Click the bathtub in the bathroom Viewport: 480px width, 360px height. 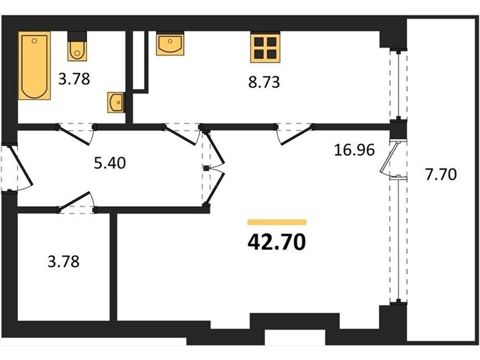coord(34,65)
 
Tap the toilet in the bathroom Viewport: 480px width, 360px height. coord(77,46)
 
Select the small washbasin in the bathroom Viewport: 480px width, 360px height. coord(116,103)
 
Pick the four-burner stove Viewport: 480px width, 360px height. coord(265,47)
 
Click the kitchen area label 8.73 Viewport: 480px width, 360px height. coord(264,83)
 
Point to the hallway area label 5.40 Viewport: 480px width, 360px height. coord(110,163)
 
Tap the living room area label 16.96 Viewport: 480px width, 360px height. coord(354,151)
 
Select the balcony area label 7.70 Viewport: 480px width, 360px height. coord(441,175)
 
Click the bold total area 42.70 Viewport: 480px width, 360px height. coord(277,242)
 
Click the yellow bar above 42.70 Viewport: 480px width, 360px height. coord(277,222)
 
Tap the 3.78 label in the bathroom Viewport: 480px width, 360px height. coord(74,79)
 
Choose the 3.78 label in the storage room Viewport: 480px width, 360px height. coord(64,262)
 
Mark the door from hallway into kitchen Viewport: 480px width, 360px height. coord(182,134)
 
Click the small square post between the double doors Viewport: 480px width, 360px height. coord(206,168)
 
